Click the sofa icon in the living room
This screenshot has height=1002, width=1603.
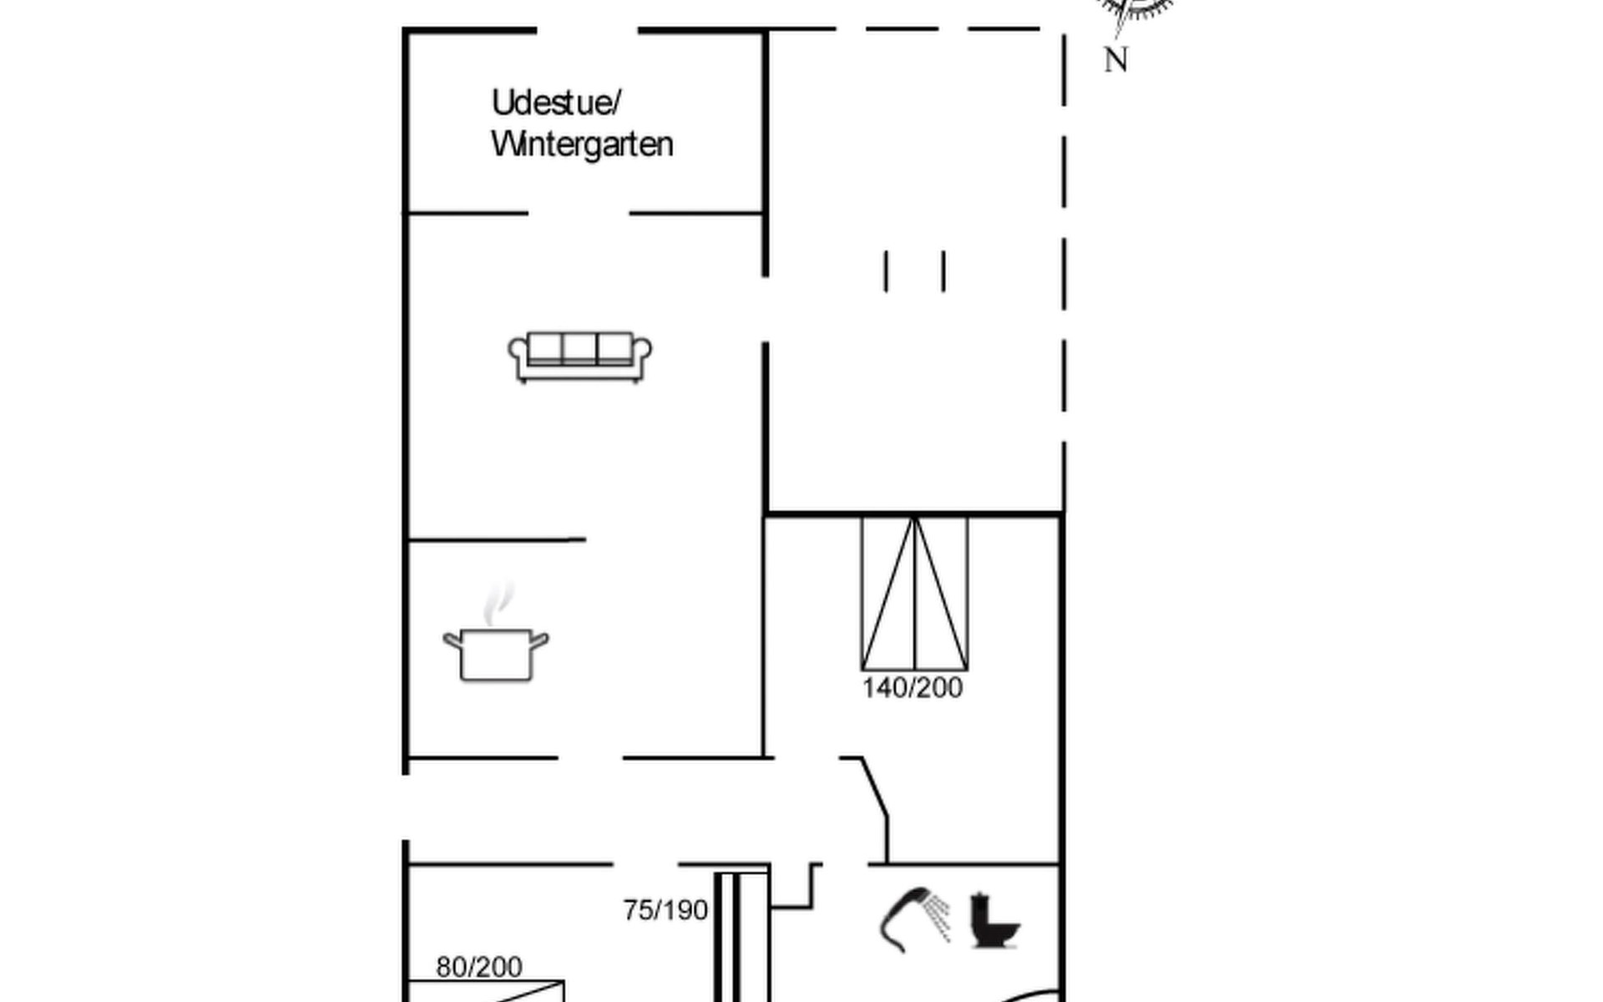580,357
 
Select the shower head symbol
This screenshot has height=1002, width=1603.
914,919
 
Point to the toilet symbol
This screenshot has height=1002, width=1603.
994,920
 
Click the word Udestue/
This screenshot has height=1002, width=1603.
556,104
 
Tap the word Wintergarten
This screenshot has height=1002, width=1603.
582,144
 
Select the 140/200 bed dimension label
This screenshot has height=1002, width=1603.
912,688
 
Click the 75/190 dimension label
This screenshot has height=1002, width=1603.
665,910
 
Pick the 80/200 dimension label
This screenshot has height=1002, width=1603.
479,967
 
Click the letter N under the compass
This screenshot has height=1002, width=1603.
1116,60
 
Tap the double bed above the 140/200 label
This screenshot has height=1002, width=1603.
914,594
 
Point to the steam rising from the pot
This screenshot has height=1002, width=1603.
498,604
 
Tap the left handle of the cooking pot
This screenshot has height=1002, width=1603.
452,642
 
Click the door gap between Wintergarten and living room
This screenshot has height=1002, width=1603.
579,214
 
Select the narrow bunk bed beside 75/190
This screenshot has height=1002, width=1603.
741,937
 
